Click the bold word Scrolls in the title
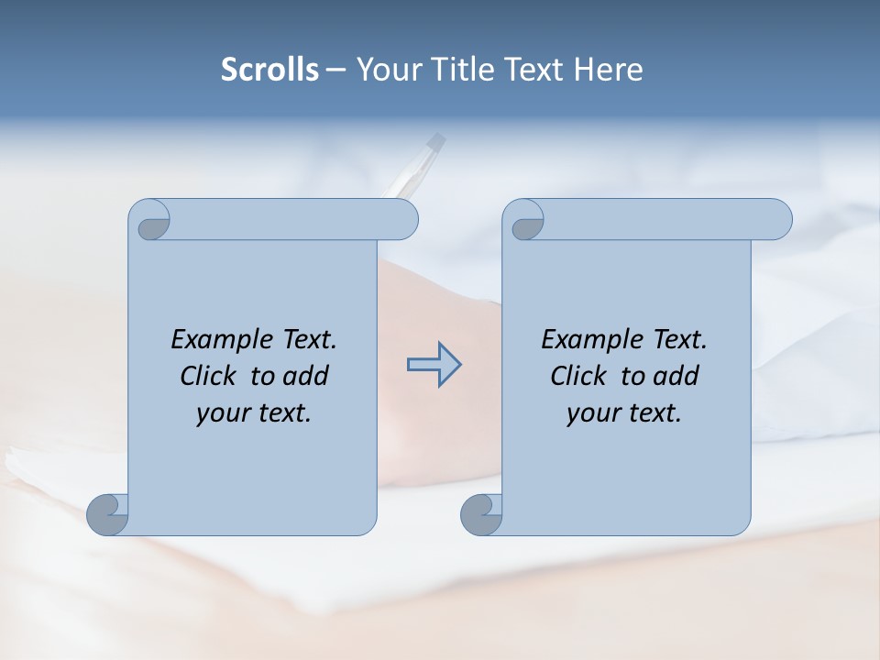point(269,70)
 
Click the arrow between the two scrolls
point(434,365)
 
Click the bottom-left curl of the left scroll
point(107,514)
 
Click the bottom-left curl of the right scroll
point(480,514)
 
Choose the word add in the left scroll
point(305,376)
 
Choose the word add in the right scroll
point(676,376)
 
